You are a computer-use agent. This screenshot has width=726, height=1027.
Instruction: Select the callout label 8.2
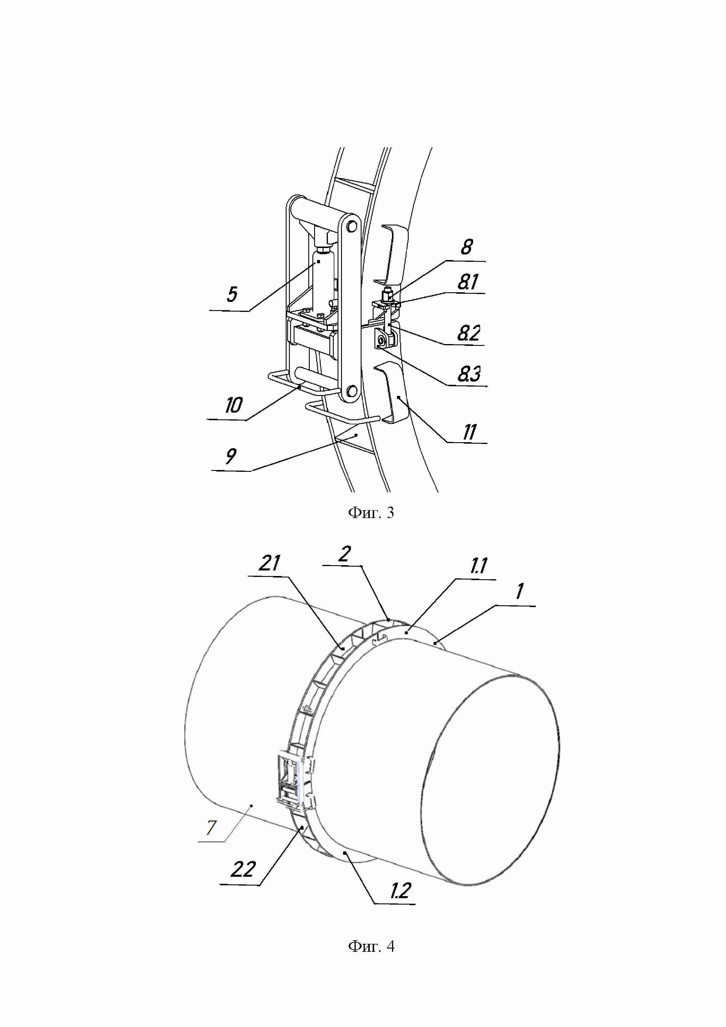[468, 334]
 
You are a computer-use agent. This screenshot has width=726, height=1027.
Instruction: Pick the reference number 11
[469, 432]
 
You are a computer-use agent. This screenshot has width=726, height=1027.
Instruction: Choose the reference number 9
[231, 456]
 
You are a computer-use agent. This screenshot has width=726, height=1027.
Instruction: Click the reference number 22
[243, 869]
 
